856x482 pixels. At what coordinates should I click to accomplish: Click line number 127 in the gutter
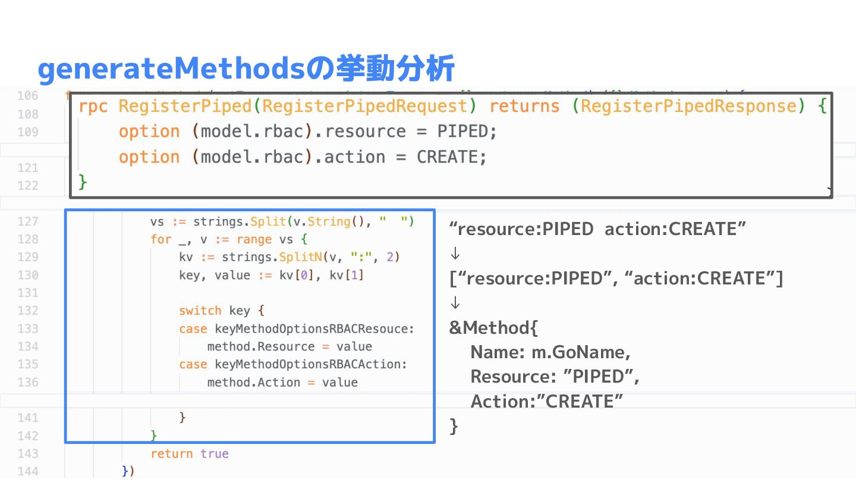tap(28, 221)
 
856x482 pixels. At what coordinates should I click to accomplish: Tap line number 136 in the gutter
tap(28, 382)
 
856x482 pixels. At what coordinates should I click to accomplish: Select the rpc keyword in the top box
tap(93, 107)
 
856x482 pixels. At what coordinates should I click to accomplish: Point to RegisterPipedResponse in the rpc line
tap(688, 107)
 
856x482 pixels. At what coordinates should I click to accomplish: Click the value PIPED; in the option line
tap(467, 132)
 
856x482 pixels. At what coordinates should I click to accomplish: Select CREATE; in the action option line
tap(451, 157)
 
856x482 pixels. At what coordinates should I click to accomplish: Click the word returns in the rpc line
tap(524, 107)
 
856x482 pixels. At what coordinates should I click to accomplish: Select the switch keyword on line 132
tap(200, 311)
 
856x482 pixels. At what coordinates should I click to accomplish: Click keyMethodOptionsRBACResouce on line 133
tap(314, 328)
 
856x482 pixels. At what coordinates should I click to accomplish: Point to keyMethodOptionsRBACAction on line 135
tap(310, 364)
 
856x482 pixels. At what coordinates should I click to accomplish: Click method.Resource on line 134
tap(260, 346)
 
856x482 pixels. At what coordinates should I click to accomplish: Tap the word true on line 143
tap(214, 453)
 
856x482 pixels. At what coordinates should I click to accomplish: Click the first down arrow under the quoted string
tap(455, 254)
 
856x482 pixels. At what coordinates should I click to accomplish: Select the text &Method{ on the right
tap(493, 328)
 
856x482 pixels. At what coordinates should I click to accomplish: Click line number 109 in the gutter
tap(28, 132)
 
